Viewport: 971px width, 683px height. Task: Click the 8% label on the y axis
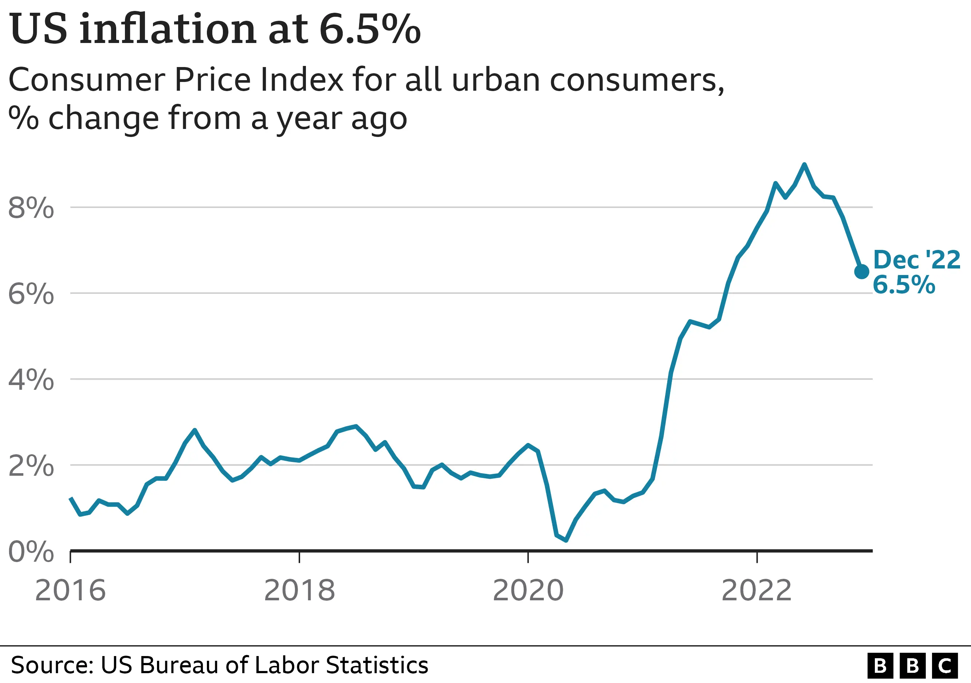(x=31, y=208)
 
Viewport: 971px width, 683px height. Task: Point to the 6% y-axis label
(x=31, y=294)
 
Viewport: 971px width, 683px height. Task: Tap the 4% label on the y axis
(x=31, y=380)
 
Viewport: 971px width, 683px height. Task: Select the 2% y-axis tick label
(x=31, y=466)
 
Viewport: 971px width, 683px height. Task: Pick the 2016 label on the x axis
(x=70, y=590)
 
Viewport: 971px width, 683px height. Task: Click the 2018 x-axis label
(x=299, y=590)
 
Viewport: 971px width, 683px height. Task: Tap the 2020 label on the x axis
(x=528, y=590)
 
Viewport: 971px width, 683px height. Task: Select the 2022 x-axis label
(x=756, y=590)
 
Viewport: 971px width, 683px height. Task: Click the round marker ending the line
(x=862, y=271)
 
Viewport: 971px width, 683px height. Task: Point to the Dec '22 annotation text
(x=917, y=259)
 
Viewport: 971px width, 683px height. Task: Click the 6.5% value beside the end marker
(x=904, y=284)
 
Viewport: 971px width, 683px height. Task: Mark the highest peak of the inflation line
(x=804, y=165)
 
